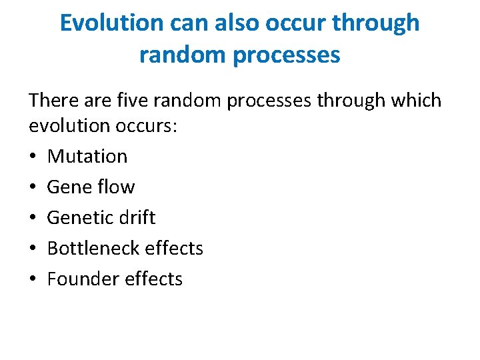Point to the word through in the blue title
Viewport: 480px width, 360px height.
tap(376, 24)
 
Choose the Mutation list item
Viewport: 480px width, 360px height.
tap(87, 157)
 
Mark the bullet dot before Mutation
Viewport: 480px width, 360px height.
tap(33, 157)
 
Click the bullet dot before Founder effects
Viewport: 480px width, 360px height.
tap(33, 279)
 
